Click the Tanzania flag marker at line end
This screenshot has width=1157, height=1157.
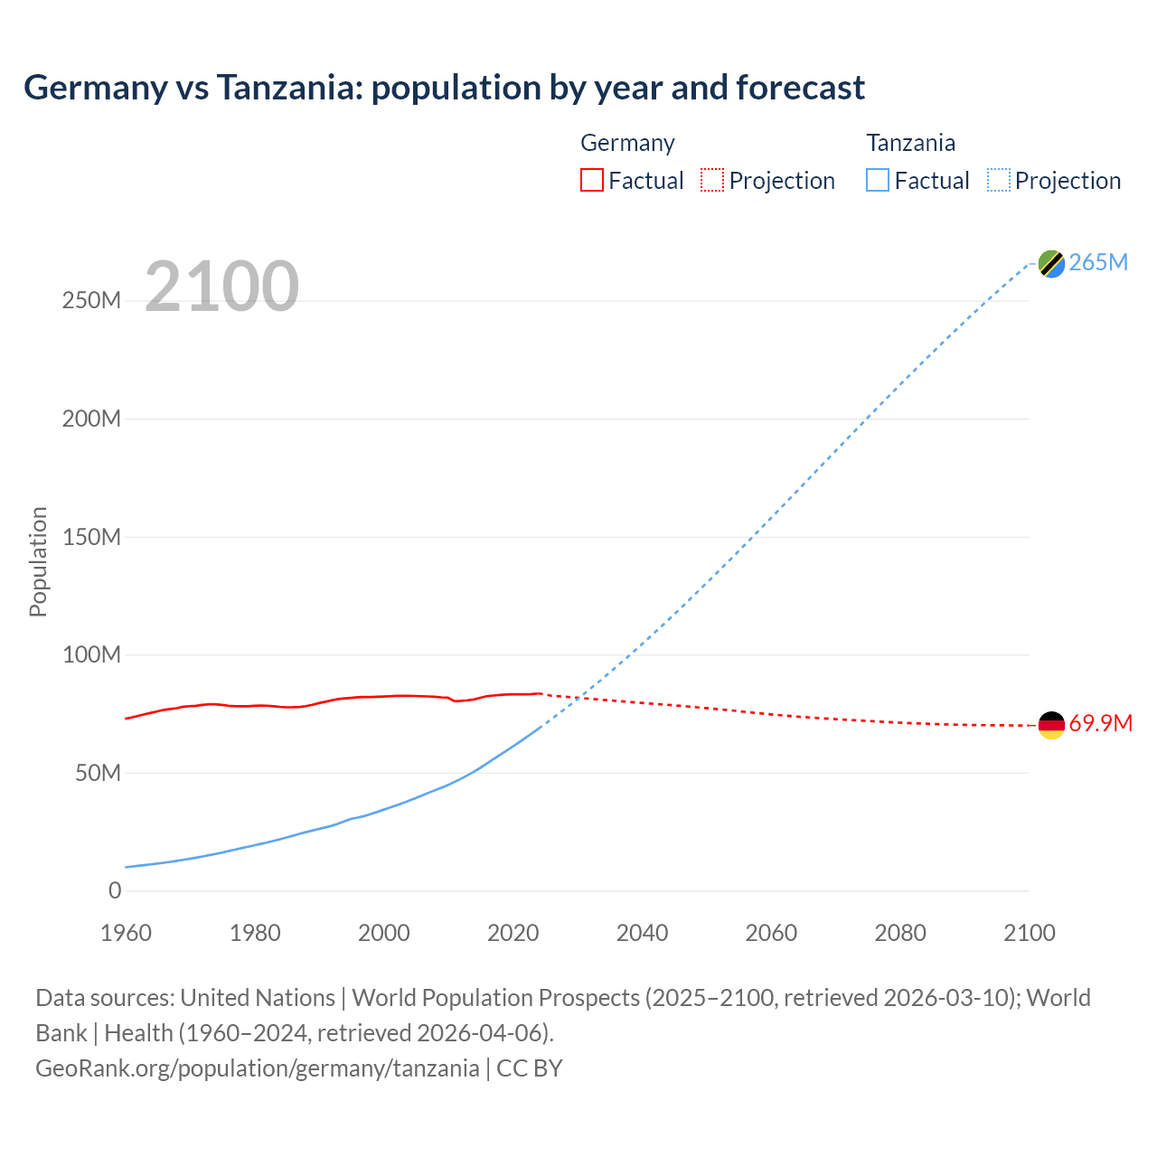1051,263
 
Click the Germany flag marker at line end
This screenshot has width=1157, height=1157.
1051,725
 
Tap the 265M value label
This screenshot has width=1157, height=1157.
1098,262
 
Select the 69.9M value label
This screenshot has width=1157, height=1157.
1100,723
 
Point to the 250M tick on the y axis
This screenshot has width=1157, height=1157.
91,301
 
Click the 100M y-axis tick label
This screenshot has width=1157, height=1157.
91,654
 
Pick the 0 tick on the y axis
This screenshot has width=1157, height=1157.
115,890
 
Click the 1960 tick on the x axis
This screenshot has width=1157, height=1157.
126,933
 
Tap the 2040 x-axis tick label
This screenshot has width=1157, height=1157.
642,933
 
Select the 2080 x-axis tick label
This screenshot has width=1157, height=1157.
900,933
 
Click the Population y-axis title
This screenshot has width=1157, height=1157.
38,562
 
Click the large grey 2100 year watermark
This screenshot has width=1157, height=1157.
221,287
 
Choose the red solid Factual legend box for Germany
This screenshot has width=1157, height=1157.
591,180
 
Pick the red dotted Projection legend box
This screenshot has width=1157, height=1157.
712,180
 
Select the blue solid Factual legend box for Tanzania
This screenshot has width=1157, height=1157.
878,180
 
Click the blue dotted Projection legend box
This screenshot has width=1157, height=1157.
999,180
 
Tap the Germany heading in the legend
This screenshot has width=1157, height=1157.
627,143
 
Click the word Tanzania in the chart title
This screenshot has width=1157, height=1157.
288,88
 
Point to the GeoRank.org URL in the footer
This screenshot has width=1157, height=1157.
258,1068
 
